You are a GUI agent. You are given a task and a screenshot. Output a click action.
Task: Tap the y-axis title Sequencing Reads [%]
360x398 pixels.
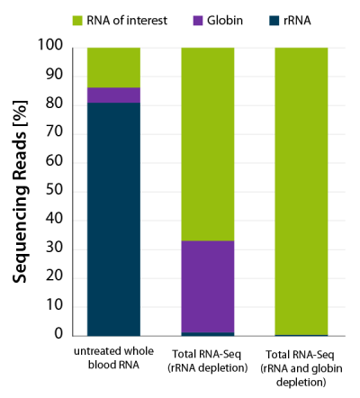(21, 191)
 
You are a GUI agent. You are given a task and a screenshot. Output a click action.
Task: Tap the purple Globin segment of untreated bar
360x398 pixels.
(113, 95)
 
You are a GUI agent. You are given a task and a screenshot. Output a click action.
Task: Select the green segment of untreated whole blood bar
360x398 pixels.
(113, 67)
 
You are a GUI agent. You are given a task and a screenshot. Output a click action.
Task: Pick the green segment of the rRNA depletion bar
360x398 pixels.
(208, 143)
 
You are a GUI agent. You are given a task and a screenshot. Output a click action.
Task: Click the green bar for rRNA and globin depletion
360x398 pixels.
(301, 190)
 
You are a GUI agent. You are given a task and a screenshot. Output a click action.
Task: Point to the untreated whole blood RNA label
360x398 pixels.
(113, 356)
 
